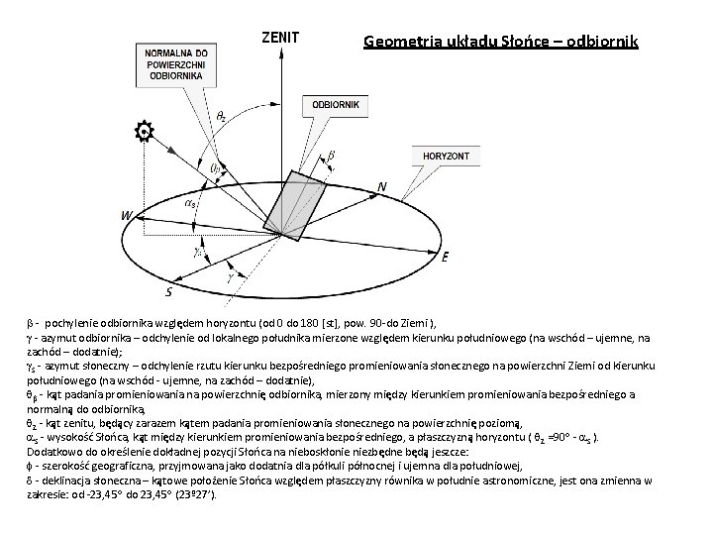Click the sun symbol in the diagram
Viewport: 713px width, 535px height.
pyautogui.click(x=145, y=130)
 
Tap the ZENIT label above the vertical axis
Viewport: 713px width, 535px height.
pyautogui.click(x=280, y=38)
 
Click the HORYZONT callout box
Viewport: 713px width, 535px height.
pyautogui.click(x=446, y=158)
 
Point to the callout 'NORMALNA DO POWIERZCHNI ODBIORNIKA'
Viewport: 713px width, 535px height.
pyautogui.click(x=175, y=63)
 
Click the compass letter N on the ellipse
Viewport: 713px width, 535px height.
pyautogui.click(x=382, y=186)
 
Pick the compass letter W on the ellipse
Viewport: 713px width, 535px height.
pyautogui.click(x=126, y=215)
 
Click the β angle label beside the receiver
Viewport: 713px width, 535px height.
pyautogui.click(x=331, y=156)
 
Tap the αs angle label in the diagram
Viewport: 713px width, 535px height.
pyautogui.click(x=190, y=203)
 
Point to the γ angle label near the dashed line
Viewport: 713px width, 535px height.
pyautogui.click(x=231, y=278)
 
